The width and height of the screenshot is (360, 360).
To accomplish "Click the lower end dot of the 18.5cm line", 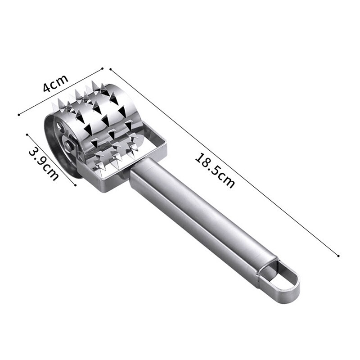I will tap(338, 256).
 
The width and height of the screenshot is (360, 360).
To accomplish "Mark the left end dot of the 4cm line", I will tap(18, 114).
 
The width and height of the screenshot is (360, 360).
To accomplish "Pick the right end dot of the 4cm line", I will tap(103, 68).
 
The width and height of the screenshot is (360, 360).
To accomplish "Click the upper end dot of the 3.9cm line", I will tap(28, 134).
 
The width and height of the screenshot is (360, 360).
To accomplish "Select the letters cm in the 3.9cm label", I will tap(50, 172).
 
